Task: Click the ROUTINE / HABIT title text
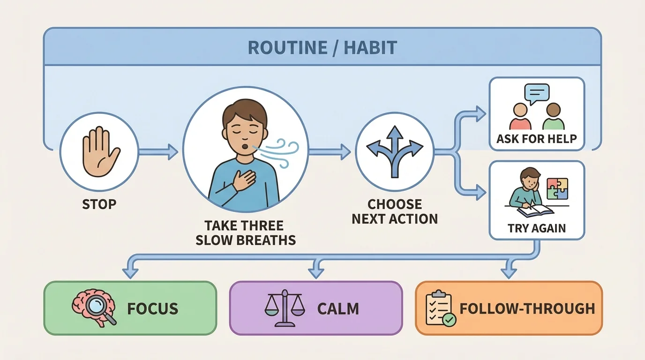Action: tap(322, 48)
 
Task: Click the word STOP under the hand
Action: tap(99, 205)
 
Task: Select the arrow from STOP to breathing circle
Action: tap(158, 151)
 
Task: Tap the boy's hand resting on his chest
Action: tap(243, 180)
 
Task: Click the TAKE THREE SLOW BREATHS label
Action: tap(246, 233)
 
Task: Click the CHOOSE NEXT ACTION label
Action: tap(395, 211)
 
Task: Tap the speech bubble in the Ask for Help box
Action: tap(536, 93)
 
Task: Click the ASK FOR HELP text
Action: tap(537, 139)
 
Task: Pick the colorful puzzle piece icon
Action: tap(557, 189)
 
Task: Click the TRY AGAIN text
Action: tap(537, 228)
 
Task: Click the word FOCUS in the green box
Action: tap(152, 309)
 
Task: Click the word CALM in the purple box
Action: tap(338, 309)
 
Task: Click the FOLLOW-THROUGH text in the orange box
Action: tap(527, 309)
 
